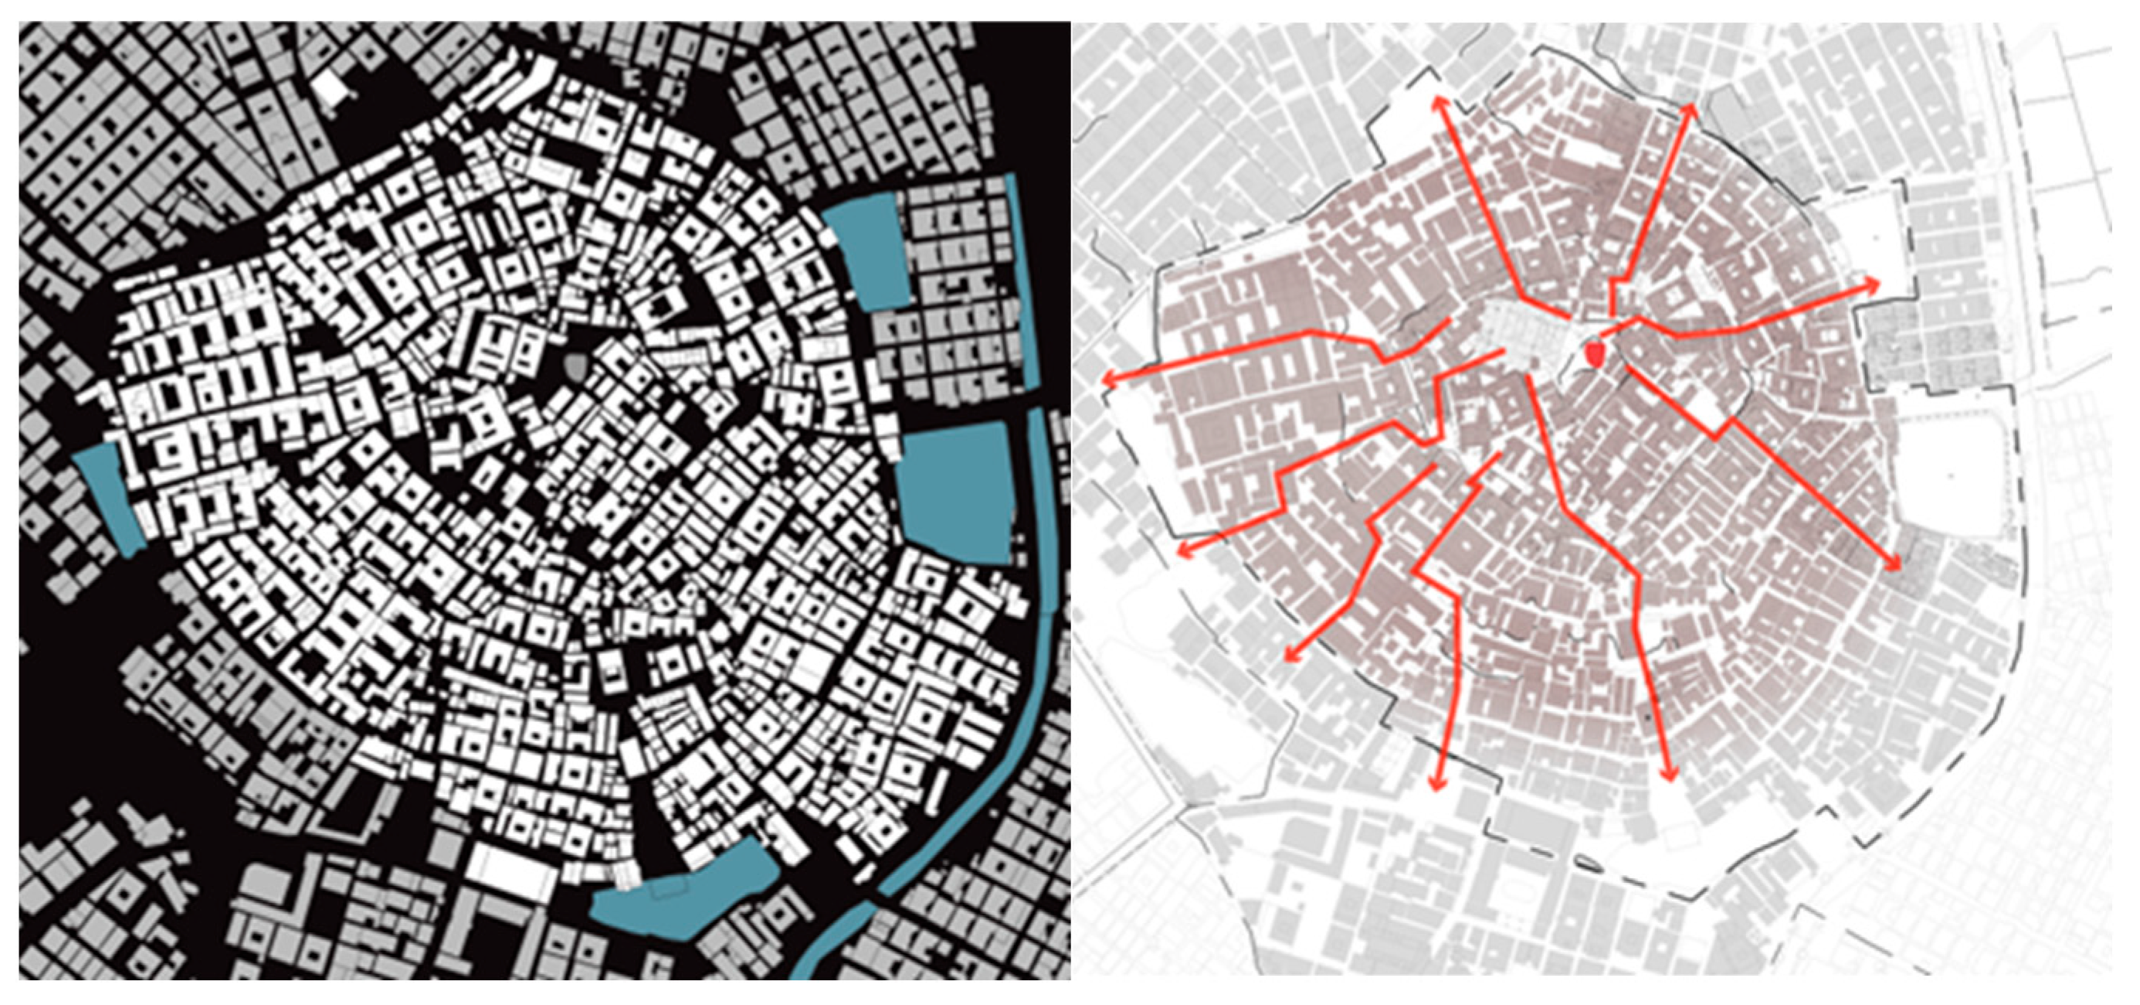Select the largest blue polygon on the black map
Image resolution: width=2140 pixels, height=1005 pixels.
[957, 490]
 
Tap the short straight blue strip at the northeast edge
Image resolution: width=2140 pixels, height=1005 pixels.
[1023, 283]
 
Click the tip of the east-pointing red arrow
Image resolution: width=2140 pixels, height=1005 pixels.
[1876, 284]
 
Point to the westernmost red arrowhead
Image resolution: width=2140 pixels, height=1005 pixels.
[1107, 380]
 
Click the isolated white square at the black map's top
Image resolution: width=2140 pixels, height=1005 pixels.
[330, 86]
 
